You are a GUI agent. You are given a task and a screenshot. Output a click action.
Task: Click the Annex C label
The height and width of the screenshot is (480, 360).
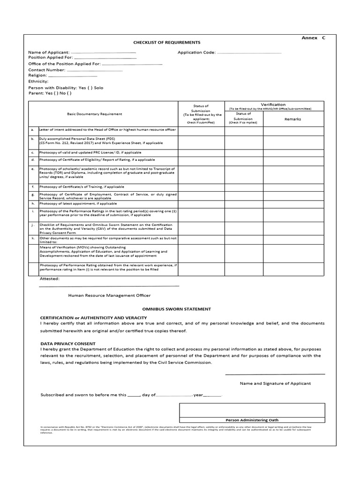coord(313,38)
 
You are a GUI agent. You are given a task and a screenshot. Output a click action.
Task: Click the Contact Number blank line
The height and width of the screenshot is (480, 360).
coord(94,70)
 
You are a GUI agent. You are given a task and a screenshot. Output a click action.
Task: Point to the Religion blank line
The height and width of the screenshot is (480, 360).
coord(73,75)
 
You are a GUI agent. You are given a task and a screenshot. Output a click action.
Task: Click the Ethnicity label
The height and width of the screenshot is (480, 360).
coord(38,81)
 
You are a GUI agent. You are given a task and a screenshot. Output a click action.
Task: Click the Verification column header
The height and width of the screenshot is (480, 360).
coord(273,105)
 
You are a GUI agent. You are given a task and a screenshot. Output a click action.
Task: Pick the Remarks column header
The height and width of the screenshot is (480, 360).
coord(292,119)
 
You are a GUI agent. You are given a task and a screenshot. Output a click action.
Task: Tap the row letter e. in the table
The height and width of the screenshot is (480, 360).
coord(33,168)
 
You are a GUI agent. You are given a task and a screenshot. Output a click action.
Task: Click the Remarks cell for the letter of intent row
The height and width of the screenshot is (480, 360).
coord(292,130)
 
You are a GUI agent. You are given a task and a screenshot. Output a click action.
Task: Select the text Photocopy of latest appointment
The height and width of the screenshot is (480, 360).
coord(68,204)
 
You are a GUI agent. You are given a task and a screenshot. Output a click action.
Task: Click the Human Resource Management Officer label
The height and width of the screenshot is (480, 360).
coord(109,295)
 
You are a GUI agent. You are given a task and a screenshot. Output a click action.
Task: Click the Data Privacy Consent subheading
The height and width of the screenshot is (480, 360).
coord(68,344)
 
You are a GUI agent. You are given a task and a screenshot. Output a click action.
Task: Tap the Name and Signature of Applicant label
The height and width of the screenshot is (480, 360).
coord(275,383)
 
